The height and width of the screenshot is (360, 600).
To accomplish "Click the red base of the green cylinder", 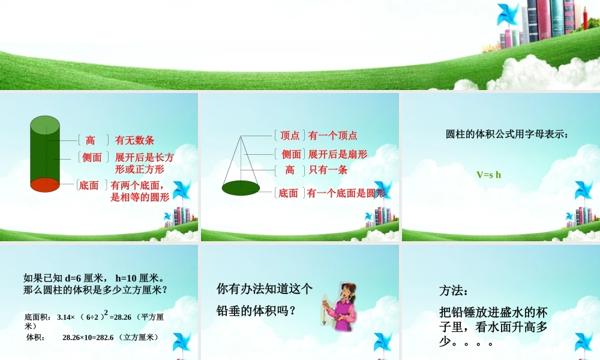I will pyautogui.click(x=45, y=185).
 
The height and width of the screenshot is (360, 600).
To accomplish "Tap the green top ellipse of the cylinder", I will pyautogui.click(x=45, y=125).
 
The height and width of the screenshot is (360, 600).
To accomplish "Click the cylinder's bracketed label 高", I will pyautogui.click(x=90, y=140).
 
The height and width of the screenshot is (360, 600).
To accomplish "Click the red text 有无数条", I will pyautogui.click(x=135, y=140).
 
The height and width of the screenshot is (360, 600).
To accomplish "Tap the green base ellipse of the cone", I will pyautogui.click(x=241, y=188).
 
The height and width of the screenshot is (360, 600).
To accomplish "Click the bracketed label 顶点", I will pyautogui.click(x=290, y=136).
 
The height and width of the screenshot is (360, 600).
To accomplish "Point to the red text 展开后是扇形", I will pyautogui.click(x=338, y=154).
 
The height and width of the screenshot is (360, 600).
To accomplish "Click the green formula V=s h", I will pyautogui.click(x=488, y=175).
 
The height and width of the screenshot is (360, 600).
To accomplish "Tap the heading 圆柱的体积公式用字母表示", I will pyautogui.click(x=506, y=134).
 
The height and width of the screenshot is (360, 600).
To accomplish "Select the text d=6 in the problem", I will pyautogui.click(x=76, y=278).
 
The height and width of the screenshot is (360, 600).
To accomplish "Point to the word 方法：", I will pyautogui.click(x=453, y=291).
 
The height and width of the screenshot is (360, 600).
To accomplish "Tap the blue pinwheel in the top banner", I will pyautogui.click(x=508, y=14).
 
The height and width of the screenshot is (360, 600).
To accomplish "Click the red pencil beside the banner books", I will pyautogui.click(x=585, y=17).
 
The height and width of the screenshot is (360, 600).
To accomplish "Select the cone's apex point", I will pyautogui.click(x=241, y=136).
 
